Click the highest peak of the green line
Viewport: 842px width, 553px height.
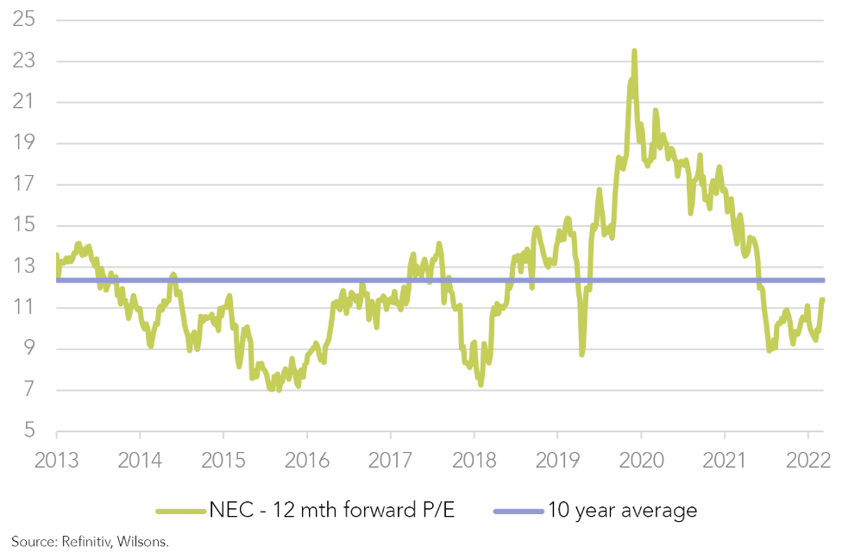(634, 52)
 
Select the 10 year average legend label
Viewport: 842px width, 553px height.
(621, 511)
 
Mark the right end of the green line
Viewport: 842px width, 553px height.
(823, 299)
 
